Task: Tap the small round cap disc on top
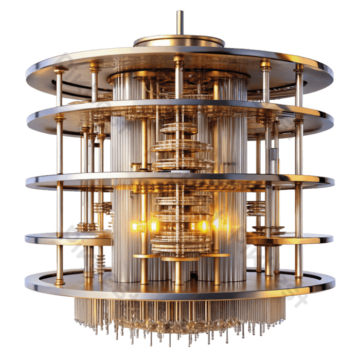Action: [x=179, y=41]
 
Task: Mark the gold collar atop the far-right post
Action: [x=299, y=68]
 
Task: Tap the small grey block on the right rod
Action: [x=274, y=153]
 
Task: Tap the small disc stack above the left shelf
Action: [x=101, y=208]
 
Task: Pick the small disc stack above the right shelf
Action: [x=256, y=208]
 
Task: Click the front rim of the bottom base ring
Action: [x=179, y=292]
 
